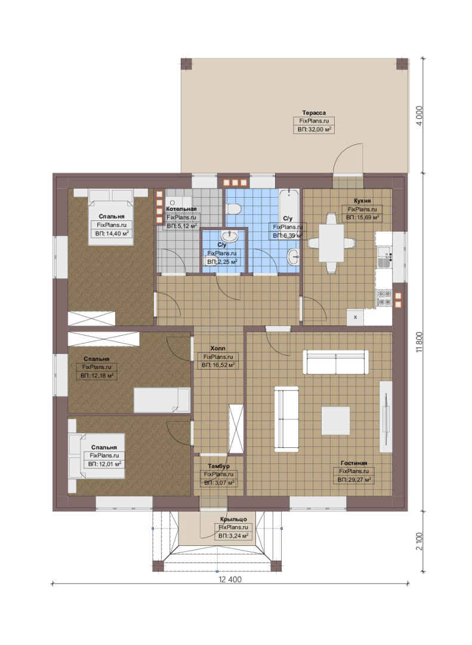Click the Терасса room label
pyautogui.click(x=314, y=112)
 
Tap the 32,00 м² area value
pyautogui.click(x=317, y=129)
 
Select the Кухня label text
pyautogui.click(x=362, y=201)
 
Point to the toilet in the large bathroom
pyautogui.click(x=233, y=209)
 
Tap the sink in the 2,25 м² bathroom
pyautogui.click(x=229, y=236)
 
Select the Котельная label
pyautogui.click(x=181, y=209)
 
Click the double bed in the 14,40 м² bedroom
pyautogui.click(x=111, y=217)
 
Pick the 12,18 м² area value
pyautogui.click(x=100, y=376)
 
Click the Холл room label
pyautogui.click(x=218, y=348)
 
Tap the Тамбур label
pyautogui.click(x=219, y=466)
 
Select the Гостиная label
pyautogui.click(x=354, y=463)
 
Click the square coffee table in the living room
pyautogui.click(x=335, y=420)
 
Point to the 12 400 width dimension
pyautogui.click(x=230, y=579)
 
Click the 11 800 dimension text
pyautogui.click(x=419, y=342)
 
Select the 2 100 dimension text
pyautogui.click(x=419, y=541)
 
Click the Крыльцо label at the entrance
pyautogui.click(x=233, y=519)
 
